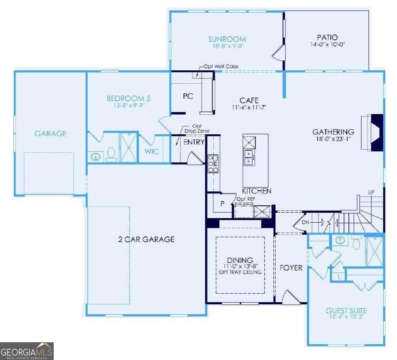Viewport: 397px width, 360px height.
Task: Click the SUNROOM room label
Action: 227,39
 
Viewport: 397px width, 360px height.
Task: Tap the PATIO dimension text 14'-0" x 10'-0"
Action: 327,45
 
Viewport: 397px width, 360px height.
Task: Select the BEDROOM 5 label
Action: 128,98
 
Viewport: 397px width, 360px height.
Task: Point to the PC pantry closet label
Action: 188,96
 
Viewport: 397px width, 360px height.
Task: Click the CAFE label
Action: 249,100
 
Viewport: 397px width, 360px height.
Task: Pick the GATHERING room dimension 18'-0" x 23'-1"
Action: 333,139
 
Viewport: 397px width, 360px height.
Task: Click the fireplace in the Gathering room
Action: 372,133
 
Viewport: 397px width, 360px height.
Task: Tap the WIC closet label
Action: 152,152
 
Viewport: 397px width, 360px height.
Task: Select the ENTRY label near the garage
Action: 194,142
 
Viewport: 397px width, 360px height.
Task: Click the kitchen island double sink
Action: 249,157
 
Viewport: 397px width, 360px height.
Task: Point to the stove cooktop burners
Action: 213,164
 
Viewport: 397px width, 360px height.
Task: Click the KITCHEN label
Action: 257,191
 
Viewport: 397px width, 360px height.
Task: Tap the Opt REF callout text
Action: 246,199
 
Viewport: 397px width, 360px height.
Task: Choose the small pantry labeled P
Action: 222,204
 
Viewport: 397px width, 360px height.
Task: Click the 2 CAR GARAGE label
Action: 146,239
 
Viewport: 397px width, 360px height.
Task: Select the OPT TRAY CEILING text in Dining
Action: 240,272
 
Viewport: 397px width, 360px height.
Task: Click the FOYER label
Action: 291,268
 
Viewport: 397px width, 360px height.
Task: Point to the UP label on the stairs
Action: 371,193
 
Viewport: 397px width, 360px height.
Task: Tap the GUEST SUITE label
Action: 346,311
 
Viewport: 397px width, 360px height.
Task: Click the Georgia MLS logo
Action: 27,351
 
